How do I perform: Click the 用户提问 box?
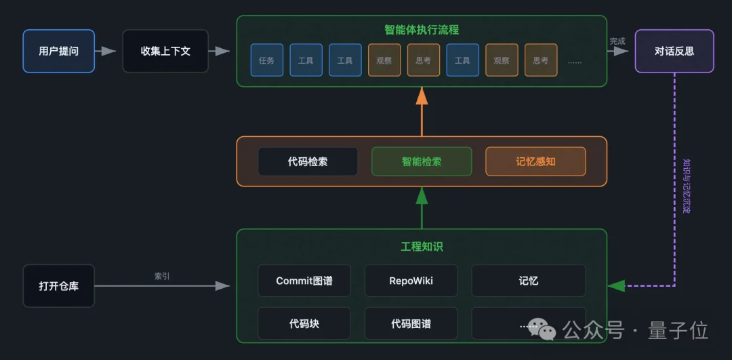59,51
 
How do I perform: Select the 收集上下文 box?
165,51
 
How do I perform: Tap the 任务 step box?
266,60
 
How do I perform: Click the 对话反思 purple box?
674,51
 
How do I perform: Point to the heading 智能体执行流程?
421,30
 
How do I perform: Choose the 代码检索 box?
308,161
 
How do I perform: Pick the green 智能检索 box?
421,161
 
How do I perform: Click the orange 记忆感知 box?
535,161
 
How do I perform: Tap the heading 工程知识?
421,246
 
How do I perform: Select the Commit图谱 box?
304,281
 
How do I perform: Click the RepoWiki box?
411,281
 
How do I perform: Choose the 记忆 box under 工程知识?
528,281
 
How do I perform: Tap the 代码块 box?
304,323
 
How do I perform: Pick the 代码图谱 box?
411,323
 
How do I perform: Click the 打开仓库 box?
59,286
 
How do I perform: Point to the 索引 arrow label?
162,276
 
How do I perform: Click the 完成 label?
617,41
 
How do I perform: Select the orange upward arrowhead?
422,96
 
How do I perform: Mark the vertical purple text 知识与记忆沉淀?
686,186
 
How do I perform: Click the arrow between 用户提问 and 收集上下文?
106,51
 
